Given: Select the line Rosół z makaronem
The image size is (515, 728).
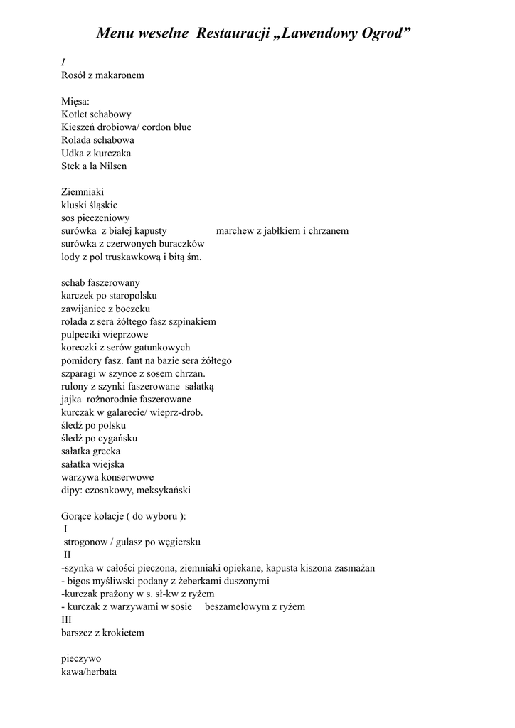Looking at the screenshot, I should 103,75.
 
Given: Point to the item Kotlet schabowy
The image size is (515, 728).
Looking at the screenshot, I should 96,114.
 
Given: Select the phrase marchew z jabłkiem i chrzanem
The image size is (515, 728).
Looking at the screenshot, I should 282,231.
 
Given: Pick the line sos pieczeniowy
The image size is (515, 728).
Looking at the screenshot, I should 96,218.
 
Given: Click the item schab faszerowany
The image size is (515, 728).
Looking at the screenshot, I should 101,282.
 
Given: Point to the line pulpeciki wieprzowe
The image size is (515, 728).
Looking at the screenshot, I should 105,334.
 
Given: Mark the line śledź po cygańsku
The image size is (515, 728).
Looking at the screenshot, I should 100,438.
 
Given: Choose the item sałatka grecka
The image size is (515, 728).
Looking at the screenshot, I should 91,451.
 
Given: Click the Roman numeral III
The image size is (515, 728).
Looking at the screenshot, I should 67,619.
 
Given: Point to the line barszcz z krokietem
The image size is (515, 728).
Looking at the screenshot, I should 103,633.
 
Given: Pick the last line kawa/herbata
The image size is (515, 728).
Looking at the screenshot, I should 89,671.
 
